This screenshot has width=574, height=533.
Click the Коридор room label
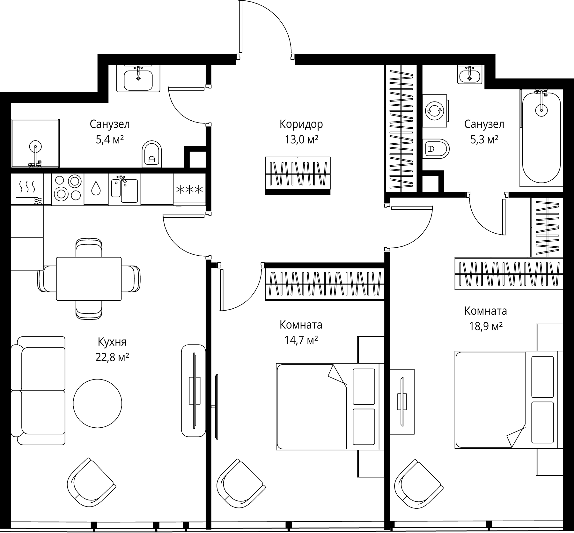point(301,124)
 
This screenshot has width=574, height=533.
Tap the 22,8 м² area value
point(112,357)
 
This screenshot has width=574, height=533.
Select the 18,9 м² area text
point(486,326)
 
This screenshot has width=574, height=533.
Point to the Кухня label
point(112,342)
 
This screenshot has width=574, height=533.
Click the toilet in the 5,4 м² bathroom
point(152,154)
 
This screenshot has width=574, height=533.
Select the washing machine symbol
point(435,111)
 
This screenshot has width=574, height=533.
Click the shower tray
point(35,143)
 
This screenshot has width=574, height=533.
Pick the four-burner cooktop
point(68,188)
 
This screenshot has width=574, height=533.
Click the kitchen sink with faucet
point(124,189)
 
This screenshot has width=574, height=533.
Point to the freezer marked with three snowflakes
point(189,189)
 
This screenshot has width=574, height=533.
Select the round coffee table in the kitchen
point(97,403)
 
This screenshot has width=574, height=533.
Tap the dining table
point(89,279)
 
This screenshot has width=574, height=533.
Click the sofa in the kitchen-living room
point(38,391)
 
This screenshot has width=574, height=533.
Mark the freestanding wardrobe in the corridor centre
point(298,176)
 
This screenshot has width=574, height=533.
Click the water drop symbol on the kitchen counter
point(96,188)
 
